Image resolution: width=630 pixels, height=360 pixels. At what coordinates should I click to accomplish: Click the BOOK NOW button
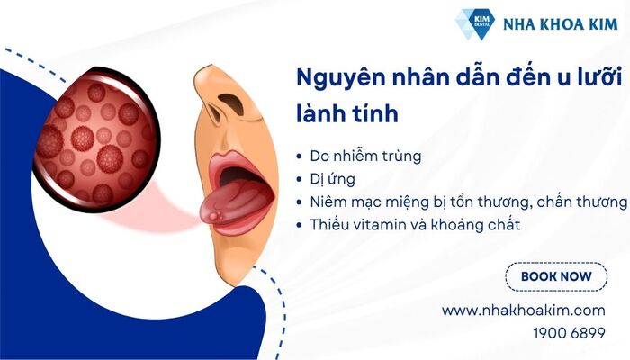[x=556, y=277]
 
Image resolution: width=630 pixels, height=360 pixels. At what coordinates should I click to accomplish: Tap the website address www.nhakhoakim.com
[x=523, y=310]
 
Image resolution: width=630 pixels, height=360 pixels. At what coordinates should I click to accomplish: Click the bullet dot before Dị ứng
[x=300, y=180]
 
